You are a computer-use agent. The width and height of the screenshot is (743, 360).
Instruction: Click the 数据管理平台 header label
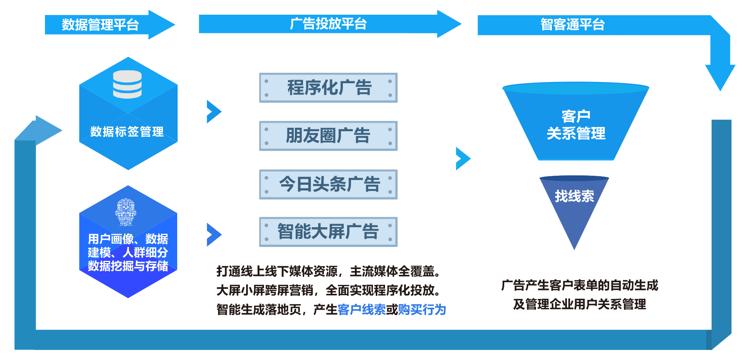[x=100, y=25]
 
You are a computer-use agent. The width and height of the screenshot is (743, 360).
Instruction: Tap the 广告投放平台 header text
[x=328, y=24]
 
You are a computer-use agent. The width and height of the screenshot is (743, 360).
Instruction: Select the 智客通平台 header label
[x=572, y=24]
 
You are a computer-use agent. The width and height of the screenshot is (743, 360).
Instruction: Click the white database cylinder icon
[x=127, y=84]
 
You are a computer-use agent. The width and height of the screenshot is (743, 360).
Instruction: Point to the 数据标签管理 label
[x=127, y=132]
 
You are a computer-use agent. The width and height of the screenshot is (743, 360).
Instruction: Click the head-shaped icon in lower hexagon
[x=126, y=212]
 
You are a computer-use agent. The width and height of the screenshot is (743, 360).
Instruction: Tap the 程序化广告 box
[x=328, y=88]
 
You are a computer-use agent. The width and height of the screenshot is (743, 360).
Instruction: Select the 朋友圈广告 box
[x=328, y=136]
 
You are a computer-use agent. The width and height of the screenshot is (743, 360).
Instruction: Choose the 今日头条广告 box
[x=328, y=184]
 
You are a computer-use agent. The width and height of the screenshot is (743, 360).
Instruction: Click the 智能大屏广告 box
[x=328, y=232]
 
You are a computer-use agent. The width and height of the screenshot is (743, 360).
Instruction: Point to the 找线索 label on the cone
[x=574, y=196]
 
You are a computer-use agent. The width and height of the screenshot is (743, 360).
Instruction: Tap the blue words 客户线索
[x=361, y=310]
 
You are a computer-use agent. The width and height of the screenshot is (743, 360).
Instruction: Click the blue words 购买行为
[x=422, y=310]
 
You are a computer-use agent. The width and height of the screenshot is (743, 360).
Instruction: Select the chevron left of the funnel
[x=463, y=159]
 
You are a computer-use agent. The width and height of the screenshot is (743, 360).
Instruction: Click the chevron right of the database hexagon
[x=214, y=112]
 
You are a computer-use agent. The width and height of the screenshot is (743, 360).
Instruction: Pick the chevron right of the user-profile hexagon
[x=214, y=235]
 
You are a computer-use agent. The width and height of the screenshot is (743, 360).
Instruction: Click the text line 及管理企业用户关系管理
[x=579, y=304]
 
